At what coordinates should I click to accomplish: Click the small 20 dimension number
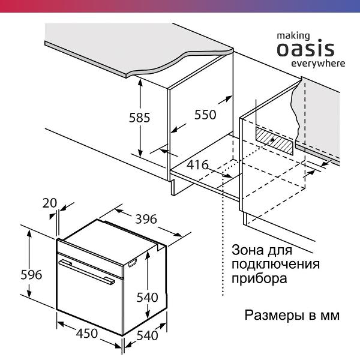50,203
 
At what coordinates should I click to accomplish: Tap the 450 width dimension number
86,334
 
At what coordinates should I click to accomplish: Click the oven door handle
86,271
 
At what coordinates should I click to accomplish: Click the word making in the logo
293,35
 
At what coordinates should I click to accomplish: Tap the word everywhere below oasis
318,63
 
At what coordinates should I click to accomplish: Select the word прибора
255,279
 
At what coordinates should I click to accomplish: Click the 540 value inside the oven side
146,297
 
